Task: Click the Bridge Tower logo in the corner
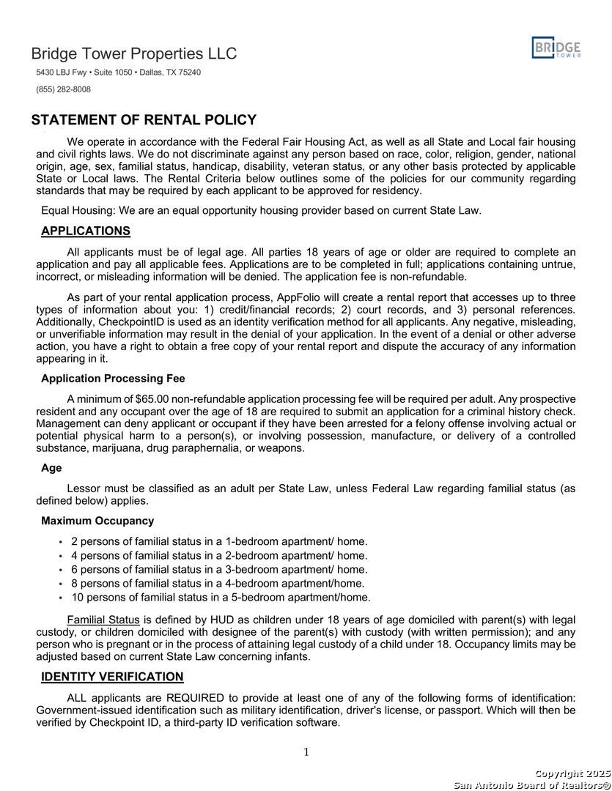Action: pos(556,48)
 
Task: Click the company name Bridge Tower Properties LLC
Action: pos(134,54)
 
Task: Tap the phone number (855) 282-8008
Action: pos(64,89)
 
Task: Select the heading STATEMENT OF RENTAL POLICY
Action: pos(144,121)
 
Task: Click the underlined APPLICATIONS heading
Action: pos(86,231)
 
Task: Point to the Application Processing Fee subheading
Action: pos(113,379)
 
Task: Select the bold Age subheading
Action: pos(51,468)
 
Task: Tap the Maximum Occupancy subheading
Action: pos(97,521)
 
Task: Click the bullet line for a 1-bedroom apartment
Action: pos(219,541)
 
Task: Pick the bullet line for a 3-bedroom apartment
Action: pos(219,569)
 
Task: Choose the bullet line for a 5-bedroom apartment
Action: pos(221,597)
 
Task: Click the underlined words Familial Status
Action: pos(103,620)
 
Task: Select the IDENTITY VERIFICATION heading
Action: pos(112,677)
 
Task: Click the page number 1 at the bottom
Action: pos(306,752)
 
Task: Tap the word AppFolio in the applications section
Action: pos(299,297)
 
